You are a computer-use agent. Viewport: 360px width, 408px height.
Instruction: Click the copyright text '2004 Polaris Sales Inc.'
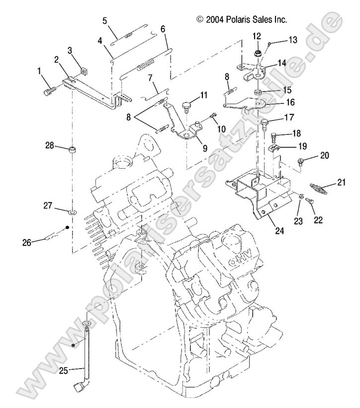pos(242,20)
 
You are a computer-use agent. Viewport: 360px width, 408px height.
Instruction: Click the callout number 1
pos(39,71)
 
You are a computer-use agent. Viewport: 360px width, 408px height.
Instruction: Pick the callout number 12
pos(257,36)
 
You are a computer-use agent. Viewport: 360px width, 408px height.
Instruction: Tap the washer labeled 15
pos(258,94)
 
